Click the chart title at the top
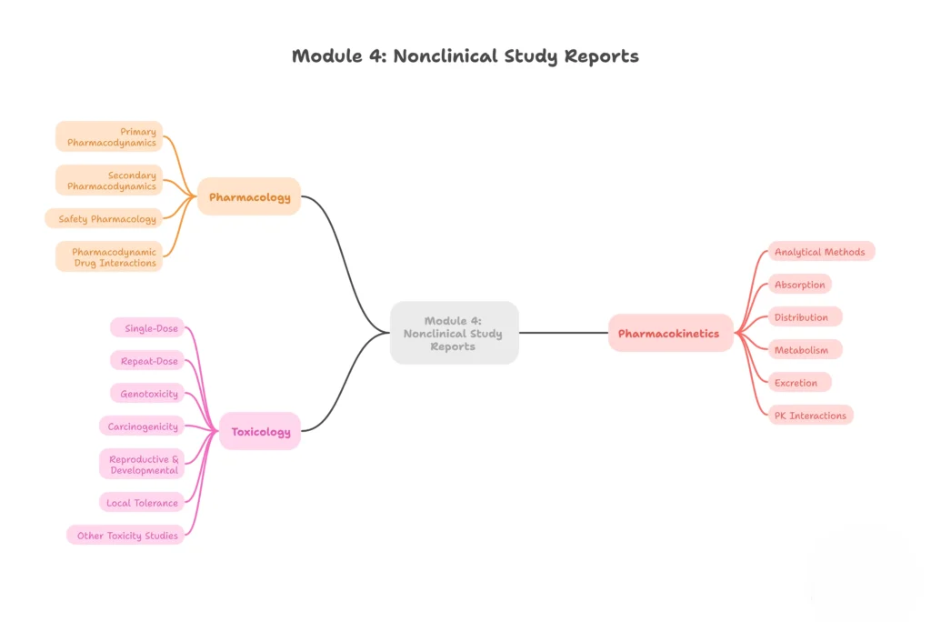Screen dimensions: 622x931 pos(465,56)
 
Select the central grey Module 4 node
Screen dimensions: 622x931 pos(454,333)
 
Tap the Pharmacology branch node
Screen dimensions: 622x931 pos(249,196)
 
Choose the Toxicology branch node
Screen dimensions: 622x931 pos(260,431)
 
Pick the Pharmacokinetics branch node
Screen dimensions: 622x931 pos(669,333)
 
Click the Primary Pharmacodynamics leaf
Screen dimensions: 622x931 pos(110,136)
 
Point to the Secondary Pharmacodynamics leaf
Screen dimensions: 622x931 pos(110,180)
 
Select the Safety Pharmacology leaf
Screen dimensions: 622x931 pos(105,218)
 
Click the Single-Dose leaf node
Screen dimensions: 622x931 pos(148,327)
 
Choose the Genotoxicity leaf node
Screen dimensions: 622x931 pos(148,393)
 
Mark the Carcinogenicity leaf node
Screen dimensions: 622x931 pos(142,426)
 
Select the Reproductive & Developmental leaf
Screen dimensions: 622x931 pos(142,464)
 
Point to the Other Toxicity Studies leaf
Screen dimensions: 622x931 pos(126,535)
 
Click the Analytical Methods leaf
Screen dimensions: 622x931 pos(820,251)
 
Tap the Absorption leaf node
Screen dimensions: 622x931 pos(799,284)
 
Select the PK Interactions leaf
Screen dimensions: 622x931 pos(809,415)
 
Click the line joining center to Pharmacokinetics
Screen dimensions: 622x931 pos(564,333)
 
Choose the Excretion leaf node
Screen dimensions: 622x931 pos(798,382)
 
